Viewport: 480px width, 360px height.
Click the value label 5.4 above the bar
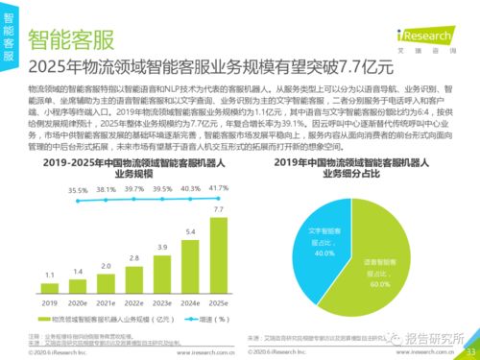[x=190, y=231]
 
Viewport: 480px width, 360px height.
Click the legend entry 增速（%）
[x=209, y=317]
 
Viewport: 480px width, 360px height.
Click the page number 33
[x=468, y=351]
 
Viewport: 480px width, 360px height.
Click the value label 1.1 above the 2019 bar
[x=48, y=275]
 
